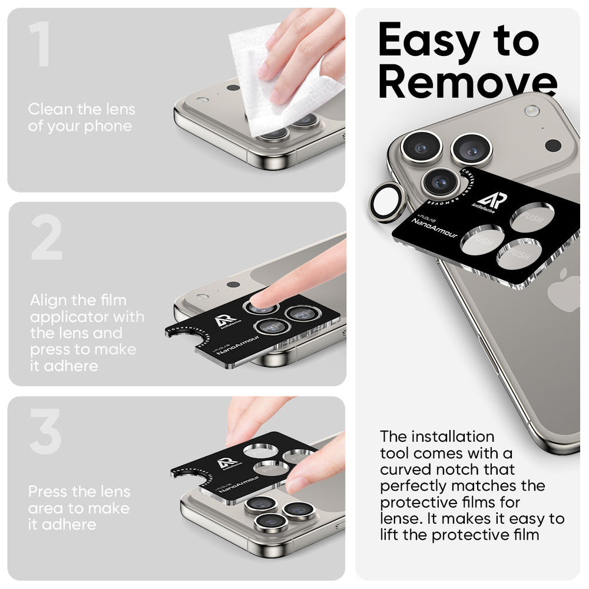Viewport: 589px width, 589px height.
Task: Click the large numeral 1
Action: [39, 44]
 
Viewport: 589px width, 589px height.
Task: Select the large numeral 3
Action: [45, 431]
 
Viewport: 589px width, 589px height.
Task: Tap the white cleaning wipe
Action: [277, 82]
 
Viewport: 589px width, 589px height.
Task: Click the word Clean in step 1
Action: [48, 110]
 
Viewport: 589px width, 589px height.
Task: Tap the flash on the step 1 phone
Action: [202, 100]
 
